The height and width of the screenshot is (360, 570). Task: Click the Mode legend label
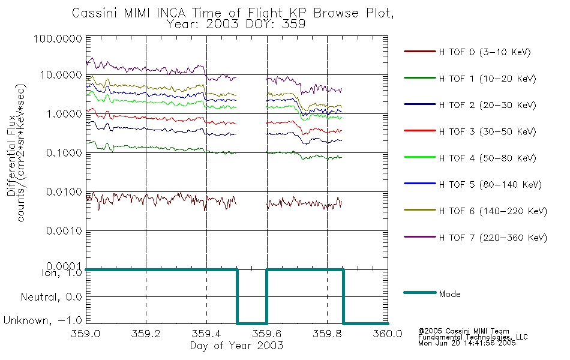pyautogui.click(x=449, y=294)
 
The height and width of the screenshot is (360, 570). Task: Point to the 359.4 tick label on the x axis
pyautogui.click(x=206, y=334)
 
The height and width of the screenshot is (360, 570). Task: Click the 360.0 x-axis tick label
pyautogui.click(x=388, y=334)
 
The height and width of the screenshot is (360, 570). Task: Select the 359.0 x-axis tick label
pyautogui.click(x=86, y=334)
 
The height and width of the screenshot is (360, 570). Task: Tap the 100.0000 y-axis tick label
pyautogui.click(x=58, y=38)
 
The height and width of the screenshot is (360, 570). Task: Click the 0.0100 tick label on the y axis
pyautogui.click(x=64, y=191)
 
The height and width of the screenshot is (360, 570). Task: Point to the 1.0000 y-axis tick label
pyautogui.click(x=64, y=114)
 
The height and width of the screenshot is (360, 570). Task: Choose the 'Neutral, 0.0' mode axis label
pyautogui.click(x=51, y=297)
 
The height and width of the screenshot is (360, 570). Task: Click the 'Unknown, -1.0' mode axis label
pyautogui.click(x=43, y=320)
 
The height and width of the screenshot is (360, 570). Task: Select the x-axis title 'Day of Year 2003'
pyautogui.click(x=236, y=346)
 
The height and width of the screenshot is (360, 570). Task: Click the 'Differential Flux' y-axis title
pyautogui.click(x=11, y=155)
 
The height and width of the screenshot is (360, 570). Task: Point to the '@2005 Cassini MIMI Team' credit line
pyautogui.click(x=463, y=331)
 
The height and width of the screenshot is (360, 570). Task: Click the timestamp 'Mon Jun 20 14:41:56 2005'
pyautogui.click(x=467, y=343)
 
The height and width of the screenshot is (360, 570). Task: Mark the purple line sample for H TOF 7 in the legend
pyautogui.click(x=419, y=237)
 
